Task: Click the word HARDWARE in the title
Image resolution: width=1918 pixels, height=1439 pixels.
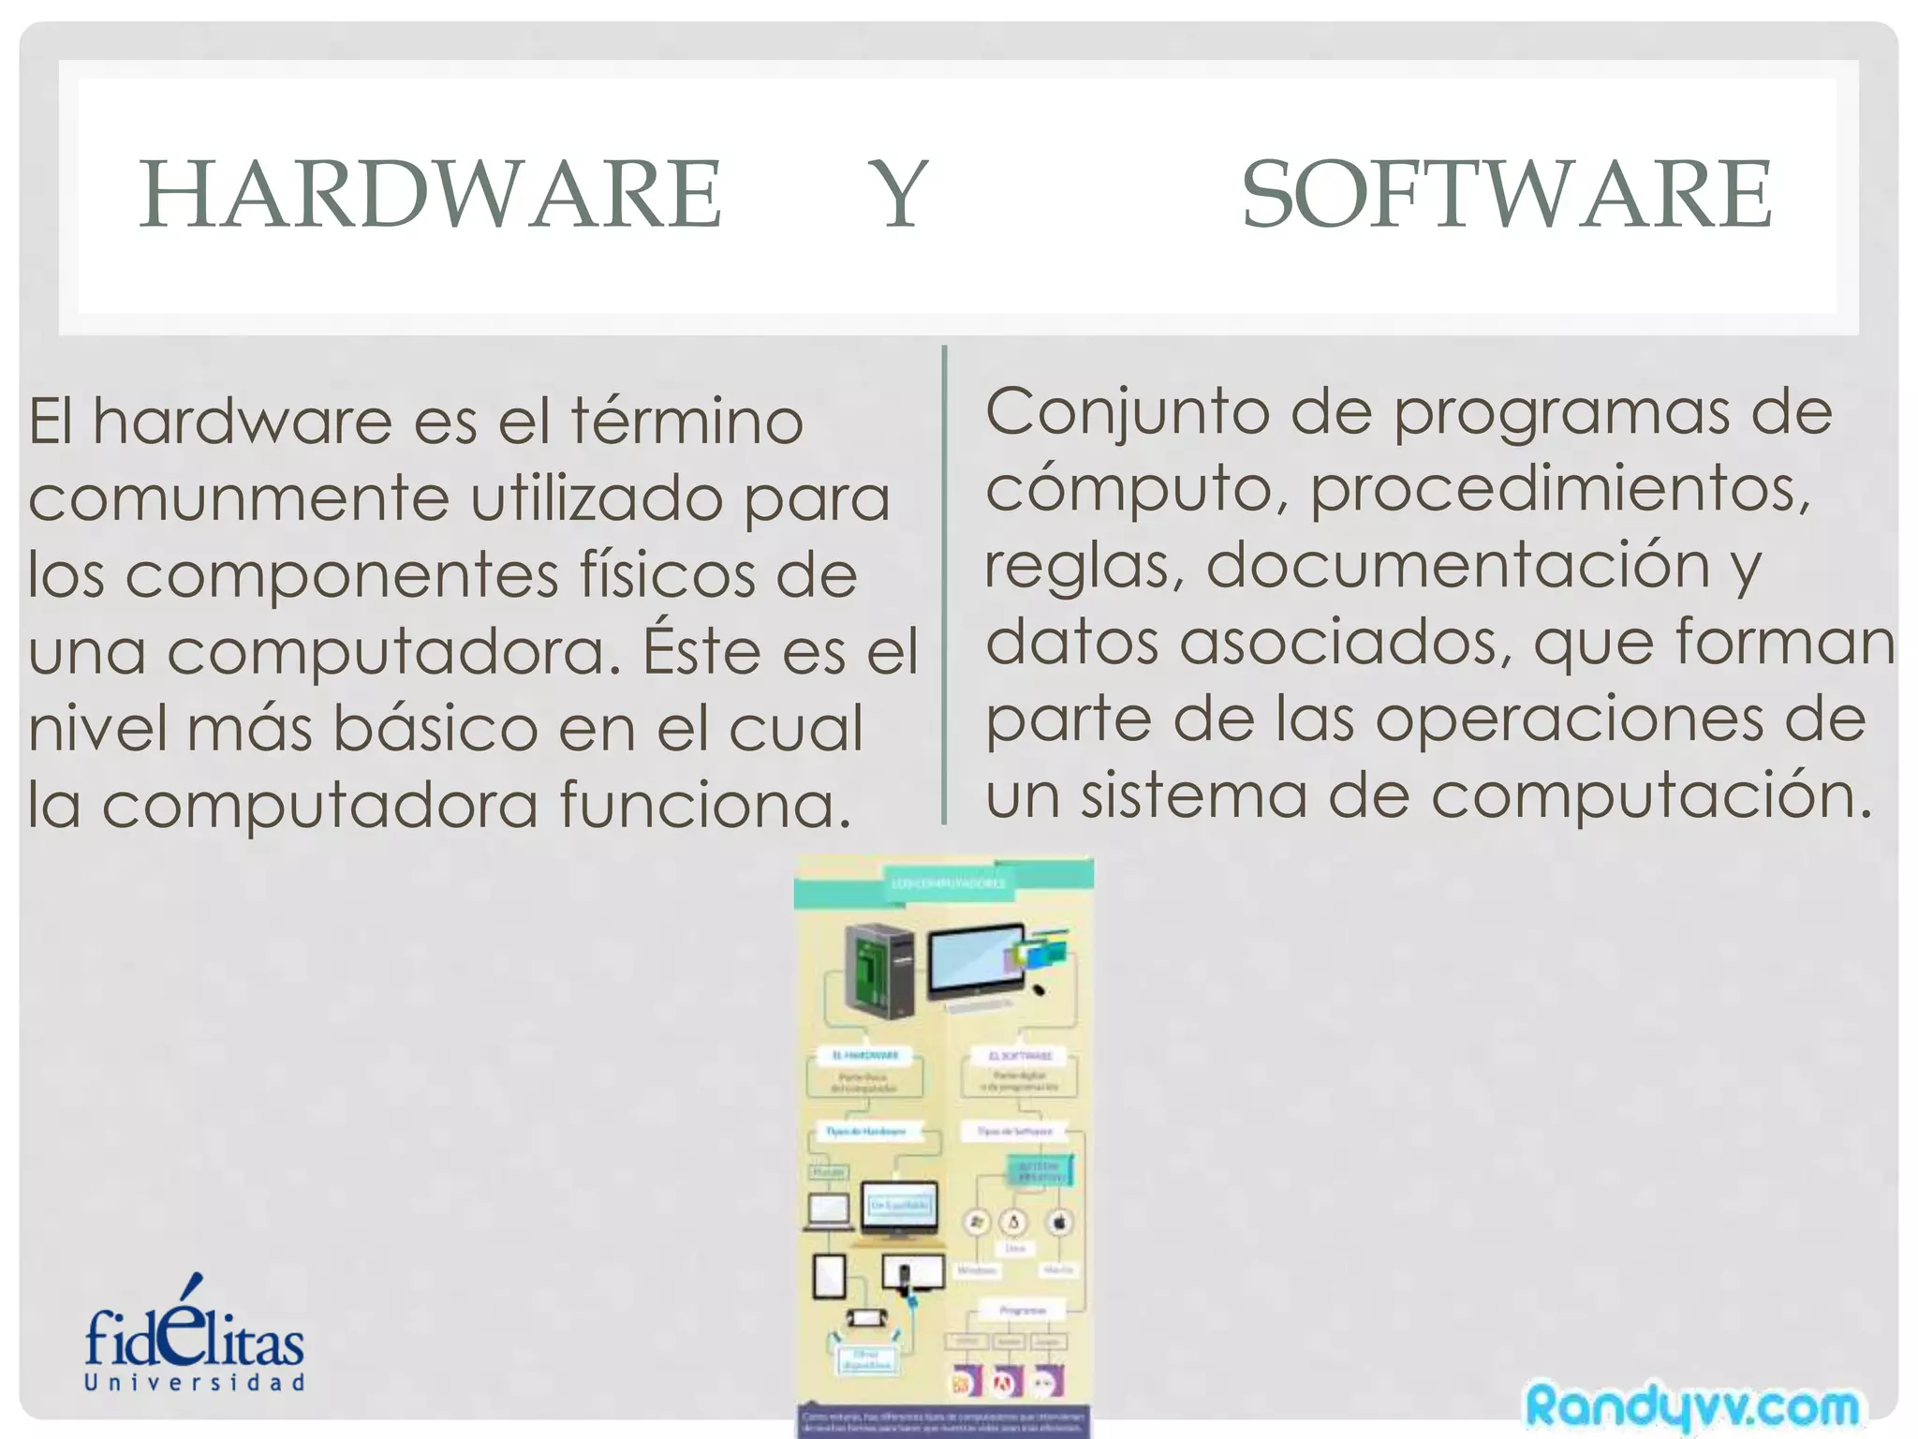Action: [431, 194]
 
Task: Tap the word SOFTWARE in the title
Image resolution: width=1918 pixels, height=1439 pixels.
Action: [1506, 194]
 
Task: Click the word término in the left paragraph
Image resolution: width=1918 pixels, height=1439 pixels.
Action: [687, 422]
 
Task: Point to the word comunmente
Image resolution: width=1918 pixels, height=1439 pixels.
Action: [239, 498]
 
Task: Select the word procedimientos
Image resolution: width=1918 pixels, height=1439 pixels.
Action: [1559, 490]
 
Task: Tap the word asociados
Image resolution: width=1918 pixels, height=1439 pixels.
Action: [1345, 643]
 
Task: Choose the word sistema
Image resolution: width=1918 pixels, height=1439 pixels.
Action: [1193, 795]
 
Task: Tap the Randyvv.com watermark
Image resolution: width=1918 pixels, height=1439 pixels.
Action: [1691, 1405]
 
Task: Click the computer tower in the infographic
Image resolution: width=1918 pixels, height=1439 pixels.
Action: [878, 970]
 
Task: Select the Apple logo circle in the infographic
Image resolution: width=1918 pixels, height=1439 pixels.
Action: [1059, 1223]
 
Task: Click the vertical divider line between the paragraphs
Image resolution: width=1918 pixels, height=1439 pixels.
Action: [944, 586]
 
